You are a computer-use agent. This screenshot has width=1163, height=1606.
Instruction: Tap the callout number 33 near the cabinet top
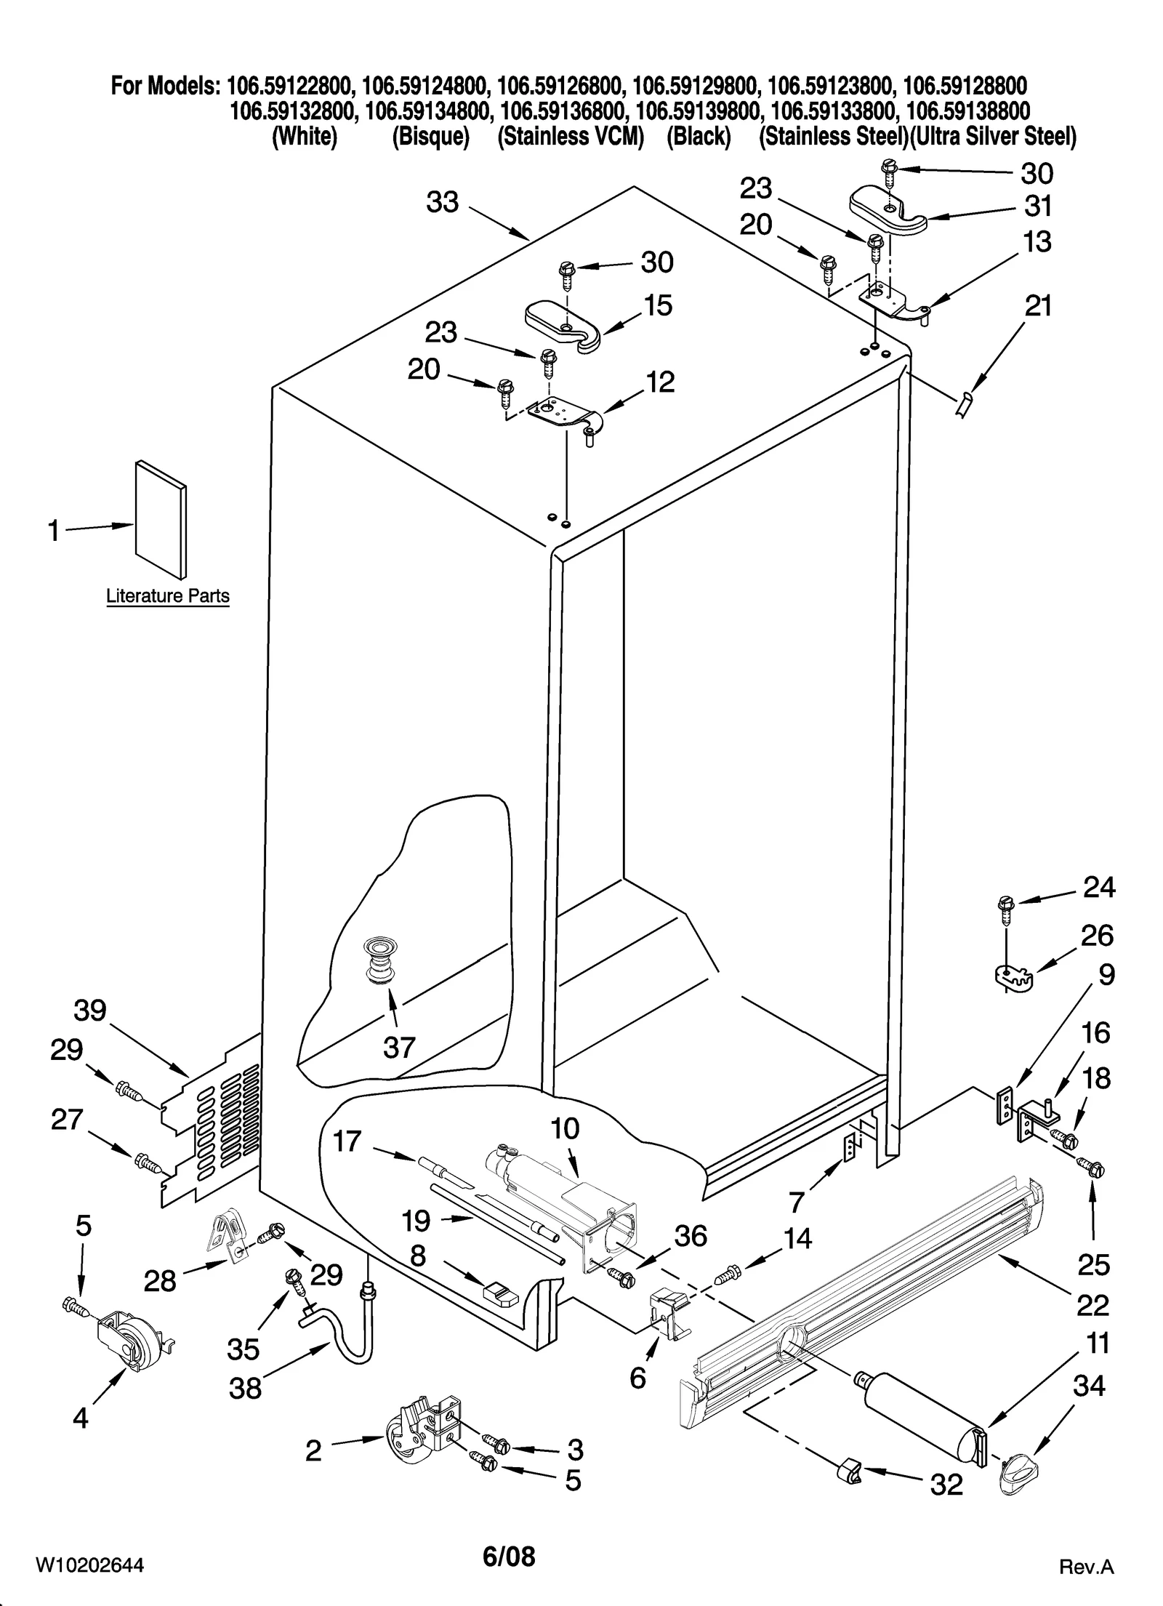pos(443,203)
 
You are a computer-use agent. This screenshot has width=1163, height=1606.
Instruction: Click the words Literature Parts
pos(168,596)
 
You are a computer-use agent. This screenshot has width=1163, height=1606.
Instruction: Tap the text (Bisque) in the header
pos(430,136)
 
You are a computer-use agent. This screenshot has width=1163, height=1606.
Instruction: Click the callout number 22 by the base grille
pos(1092,1305)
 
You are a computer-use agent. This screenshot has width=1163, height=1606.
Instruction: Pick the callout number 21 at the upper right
pos(1038,306)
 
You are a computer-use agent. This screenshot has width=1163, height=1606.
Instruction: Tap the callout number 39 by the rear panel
pos(90,1011)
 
